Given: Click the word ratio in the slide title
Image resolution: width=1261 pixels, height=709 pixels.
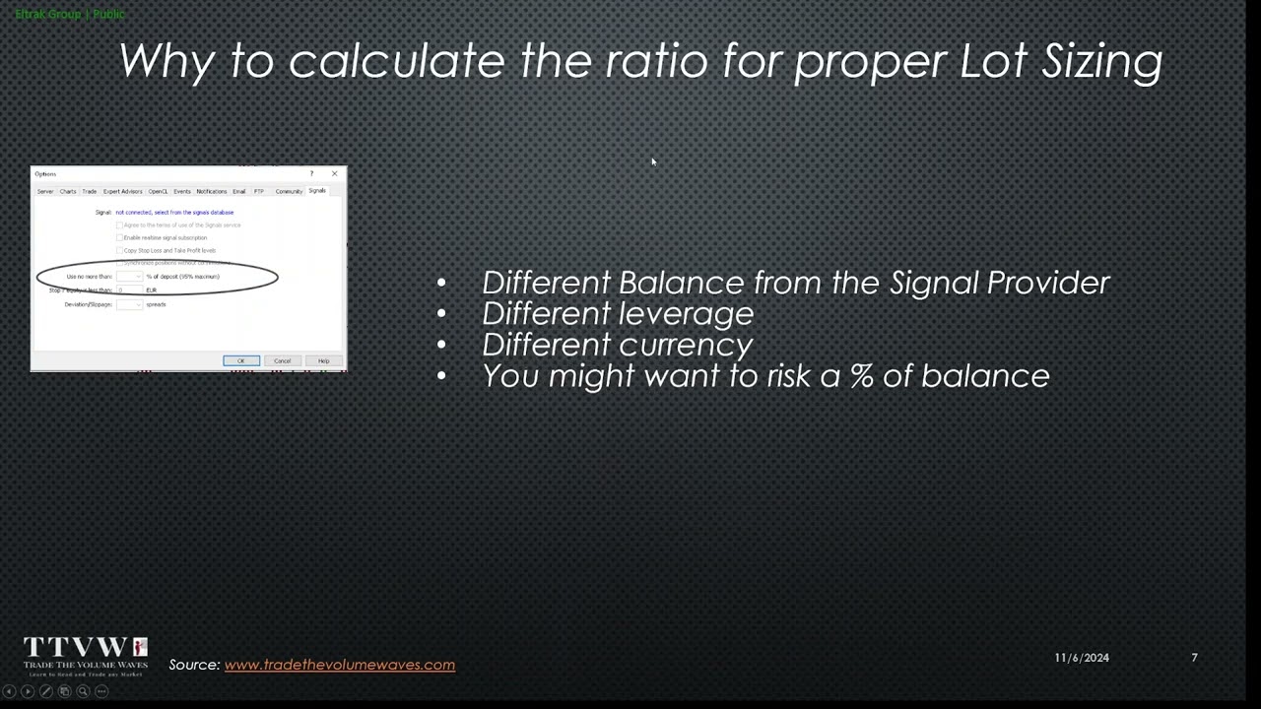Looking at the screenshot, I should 656,61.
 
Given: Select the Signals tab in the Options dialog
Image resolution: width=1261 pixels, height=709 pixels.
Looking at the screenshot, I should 316,191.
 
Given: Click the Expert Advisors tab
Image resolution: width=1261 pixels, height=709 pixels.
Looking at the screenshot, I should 122,191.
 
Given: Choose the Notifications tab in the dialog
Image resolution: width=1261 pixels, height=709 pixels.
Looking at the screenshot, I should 211,191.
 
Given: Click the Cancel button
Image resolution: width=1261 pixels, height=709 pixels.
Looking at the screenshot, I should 282,360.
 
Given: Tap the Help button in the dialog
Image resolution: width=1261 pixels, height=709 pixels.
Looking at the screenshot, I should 323,360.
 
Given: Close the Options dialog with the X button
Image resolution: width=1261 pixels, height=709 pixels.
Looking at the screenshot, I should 334,173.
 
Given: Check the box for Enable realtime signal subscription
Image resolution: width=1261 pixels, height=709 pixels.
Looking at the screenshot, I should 120,237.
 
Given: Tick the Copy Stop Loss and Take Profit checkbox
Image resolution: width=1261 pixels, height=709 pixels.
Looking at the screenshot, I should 120,250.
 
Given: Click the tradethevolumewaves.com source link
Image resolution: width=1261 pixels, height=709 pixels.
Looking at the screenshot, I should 339,665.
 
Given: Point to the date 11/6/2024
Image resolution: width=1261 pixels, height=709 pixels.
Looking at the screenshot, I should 1081,658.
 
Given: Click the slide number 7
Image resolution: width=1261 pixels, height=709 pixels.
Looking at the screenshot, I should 1194,658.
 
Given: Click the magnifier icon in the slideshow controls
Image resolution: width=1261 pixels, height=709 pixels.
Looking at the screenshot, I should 83,691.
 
